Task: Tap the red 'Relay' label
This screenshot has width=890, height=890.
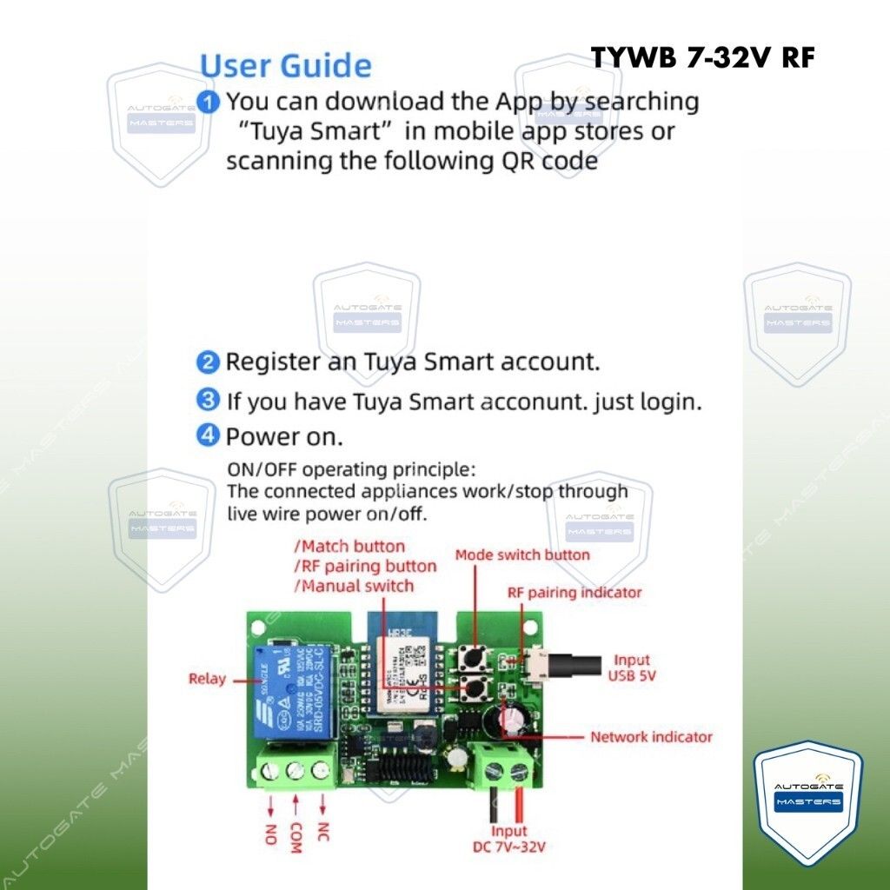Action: (x=207, y=679)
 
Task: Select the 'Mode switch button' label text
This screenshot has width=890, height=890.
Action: (x=522, y=555)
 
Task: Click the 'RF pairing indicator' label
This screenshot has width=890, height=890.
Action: (x=575, y=592)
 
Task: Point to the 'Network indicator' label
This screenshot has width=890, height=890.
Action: (x=651, y=737)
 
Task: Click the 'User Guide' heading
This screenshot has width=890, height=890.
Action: (x=286, y=65)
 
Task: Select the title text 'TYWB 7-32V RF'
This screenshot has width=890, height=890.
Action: (x=703, y=57)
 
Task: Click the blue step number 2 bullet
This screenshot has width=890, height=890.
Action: (x=208, y=362)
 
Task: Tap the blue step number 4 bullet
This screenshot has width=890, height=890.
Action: (x=208, y=435)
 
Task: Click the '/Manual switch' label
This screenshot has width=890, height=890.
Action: (x=354, y=585)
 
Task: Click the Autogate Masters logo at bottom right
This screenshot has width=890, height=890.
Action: (x=808, y=800)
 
